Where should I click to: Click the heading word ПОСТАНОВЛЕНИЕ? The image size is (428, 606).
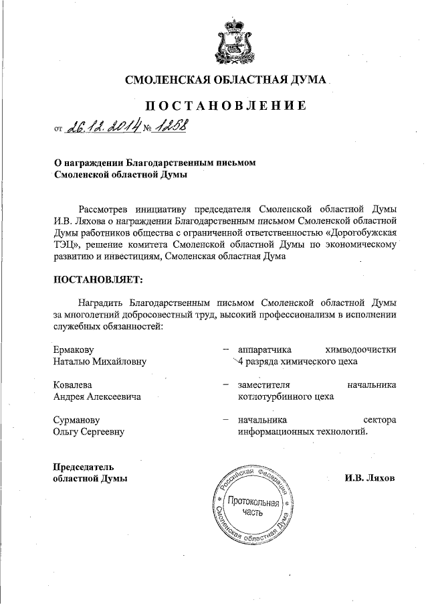coord(226,106)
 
